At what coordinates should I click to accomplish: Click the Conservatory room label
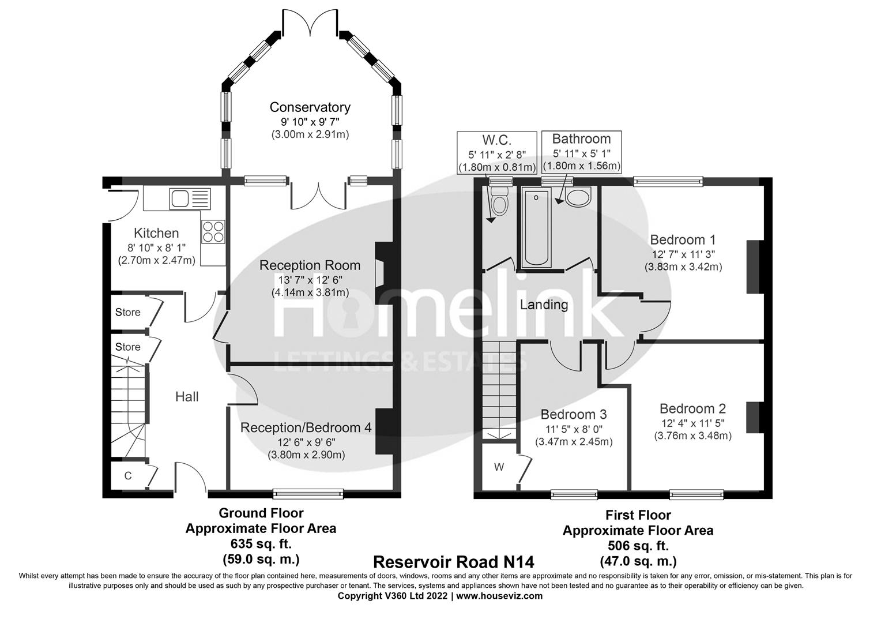tap(310, 107)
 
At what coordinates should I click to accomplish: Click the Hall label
tap(187, 397)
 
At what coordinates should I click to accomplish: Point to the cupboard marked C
tap(128, 476)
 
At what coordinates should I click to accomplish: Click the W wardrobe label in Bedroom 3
tap(499, 467)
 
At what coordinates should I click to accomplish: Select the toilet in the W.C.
tap(498, 202)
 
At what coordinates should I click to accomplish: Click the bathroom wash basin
tap(577, 198)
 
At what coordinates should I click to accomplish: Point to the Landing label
tap(544, 305)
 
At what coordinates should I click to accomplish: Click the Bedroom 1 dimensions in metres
tap(683, 267)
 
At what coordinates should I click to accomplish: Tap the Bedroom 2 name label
tap(692, 409)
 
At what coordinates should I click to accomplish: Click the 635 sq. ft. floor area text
tap(261, 543)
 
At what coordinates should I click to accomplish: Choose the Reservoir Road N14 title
tap(454, 561)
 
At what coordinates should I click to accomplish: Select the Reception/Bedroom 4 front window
tap(308, 493)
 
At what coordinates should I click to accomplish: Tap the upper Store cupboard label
tap(128, 312)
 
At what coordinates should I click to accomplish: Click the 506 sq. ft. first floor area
tap(638, 546)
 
